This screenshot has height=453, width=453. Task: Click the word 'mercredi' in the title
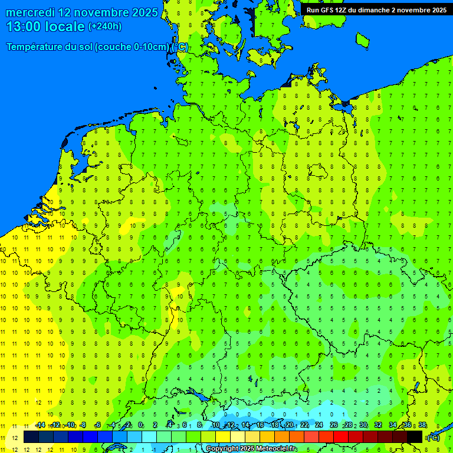coord(30,12)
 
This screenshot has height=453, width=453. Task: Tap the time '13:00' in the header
coord(24,27)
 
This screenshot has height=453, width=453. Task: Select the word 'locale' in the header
coord(65,27)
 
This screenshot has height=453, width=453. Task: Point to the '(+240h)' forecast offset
coord(105,27)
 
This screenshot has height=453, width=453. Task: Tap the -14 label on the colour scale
coord(40,425)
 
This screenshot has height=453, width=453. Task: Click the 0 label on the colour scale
coord(140,425)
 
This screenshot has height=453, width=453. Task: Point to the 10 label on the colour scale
coord(216,425)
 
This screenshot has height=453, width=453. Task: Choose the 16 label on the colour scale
coord(260,425)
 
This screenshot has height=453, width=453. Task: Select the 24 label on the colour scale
coord(319,425)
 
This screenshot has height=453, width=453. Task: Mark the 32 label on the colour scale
coord(378,425)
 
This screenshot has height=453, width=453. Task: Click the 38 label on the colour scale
coord(422,425)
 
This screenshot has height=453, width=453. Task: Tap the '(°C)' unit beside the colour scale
coord(434,437)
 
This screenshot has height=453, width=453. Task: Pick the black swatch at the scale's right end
coord(415,436)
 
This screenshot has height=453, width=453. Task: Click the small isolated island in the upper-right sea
coord(362,39)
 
